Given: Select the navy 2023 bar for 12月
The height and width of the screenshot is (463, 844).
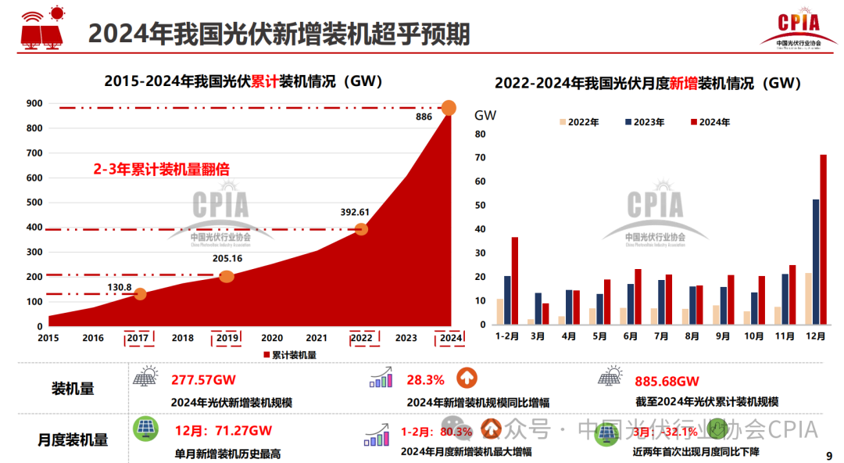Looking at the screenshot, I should click(x=816, y=262).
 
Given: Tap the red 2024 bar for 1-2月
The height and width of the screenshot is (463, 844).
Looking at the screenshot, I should click(x=514, y=281).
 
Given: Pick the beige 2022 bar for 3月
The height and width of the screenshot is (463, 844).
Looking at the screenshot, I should click(x=531, y=321).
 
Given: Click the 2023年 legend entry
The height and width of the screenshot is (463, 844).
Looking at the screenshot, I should click(x=645, y=122).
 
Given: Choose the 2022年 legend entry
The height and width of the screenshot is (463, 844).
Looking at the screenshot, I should click(x=579, y=122).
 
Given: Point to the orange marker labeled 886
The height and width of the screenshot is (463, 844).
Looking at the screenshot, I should click(x=449, y=108).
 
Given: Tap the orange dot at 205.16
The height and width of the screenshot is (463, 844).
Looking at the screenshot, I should click(x=227, y=276).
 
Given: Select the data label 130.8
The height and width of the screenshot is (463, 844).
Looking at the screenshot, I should click(x=120, y=287).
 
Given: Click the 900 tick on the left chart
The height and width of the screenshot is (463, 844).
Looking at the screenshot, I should click(x=34, y=103).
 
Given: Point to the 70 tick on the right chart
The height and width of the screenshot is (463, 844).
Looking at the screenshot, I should click(x=481, y=158).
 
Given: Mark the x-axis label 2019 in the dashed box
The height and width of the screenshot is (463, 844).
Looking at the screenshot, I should click(x=227, y=338).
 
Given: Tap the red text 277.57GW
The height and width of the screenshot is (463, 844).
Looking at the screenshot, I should click(x=203, y=381).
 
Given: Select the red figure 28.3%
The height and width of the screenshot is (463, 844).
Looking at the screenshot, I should click(x=425, y=380).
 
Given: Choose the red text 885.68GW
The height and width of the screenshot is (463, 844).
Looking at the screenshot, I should click(x=667, y=382).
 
